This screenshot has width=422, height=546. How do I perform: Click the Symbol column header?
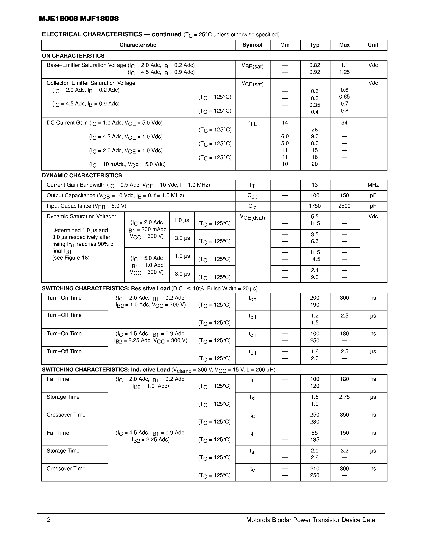pyautogui.click(x=252, y=45)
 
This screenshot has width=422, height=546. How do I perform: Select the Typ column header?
pyautogui.click(x=315, y=45)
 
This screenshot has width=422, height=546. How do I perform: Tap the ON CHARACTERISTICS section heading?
pyautogui.click(x=73, y=56)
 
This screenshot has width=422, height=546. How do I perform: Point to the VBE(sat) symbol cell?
pyautogui.click(x=252, y=67)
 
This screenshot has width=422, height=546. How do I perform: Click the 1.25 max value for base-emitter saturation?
pyautogui.click(x=344, y=72)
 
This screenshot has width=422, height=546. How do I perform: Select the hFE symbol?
pyautogui.click(x=252, y=123)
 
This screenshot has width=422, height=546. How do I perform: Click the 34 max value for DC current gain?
pyautogui.click(x=344, y=123)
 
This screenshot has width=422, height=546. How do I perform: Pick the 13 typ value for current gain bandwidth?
pyautogui.click(x=315, y=185)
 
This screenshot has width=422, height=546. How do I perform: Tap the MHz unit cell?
pyautogui.click(x=373, y=185)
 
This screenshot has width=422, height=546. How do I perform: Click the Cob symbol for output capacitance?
pyautogui.click(x=252, y=196)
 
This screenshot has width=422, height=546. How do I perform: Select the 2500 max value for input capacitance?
pyautogui.click(x=344, y=206)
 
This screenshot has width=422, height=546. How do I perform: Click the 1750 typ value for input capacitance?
pyautogui.click(x=315, y=206)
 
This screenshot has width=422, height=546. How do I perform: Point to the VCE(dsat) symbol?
pyautogui.click(x=252, y=217)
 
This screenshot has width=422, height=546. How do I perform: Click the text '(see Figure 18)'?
pyautogui.click(x=71, y=258)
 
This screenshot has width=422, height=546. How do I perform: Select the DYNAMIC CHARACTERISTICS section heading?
pyautogui.click(x=82, y=176)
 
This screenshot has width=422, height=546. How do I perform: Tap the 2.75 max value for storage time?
pyautogui.click(x=344, y=397)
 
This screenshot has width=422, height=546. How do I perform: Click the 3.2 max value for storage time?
pyautogui.click(x=344, y=451)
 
